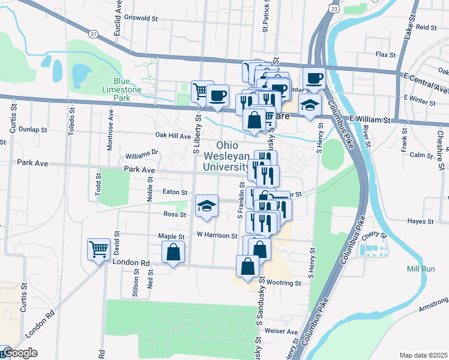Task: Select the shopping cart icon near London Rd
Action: pyautogui.click(x=99, y=248)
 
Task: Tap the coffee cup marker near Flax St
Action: pyautogui.click(x=313, y=78)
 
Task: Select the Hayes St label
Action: pyautogui.click(x=420, y=221)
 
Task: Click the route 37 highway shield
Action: pyautogui.click(x=92, y=34)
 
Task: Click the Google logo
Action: pyautogui.click(x=19, y=353)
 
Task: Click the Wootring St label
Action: pyautogui.click(x=285, y=283)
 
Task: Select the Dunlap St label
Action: pyautogui.click(x=32, y=129)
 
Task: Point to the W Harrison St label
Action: pyautogui.click(x=217, y=236)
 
